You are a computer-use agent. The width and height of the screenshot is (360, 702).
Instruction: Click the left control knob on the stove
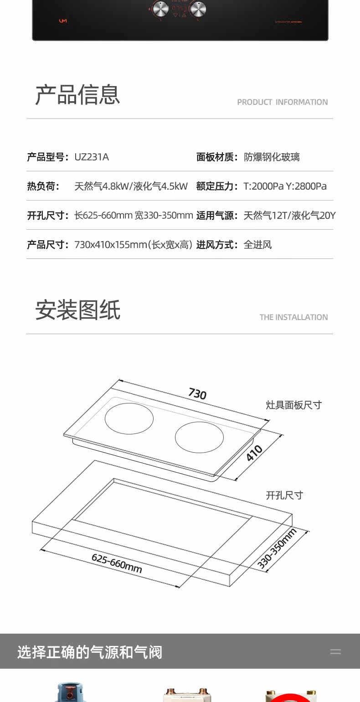coord(160,8)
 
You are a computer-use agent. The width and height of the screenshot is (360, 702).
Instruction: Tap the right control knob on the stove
coord(198,8)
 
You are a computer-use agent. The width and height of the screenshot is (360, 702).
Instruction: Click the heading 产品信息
coord(77,95)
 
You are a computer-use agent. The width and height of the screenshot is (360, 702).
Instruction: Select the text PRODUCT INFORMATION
coord(282,102)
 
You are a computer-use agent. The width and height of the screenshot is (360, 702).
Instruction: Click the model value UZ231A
coord(92,157)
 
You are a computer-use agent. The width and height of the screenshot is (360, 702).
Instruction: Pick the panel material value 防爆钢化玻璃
coord(272,157)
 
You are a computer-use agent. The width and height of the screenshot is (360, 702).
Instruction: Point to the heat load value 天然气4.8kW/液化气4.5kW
coord(131,186)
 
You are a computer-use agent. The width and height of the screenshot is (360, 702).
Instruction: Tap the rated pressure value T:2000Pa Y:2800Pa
coord(285,186)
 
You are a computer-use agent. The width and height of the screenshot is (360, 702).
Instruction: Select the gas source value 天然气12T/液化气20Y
coord(289,215)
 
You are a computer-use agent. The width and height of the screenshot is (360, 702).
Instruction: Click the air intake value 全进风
coord(257,245)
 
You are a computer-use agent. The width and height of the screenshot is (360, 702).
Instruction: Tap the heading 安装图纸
coord(78,310)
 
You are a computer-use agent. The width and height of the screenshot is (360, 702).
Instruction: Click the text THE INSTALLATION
coord(293,317)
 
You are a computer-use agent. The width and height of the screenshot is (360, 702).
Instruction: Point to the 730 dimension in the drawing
coord(197,393)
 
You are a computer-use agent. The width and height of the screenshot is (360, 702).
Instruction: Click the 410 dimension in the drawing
coord(254,453)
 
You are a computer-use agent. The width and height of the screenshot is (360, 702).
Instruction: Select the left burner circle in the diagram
coord(129,418)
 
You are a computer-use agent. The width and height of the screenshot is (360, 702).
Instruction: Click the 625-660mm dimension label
coord(117,563)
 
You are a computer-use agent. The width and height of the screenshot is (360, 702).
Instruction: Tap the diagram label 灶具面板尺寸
coord(293,405)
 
